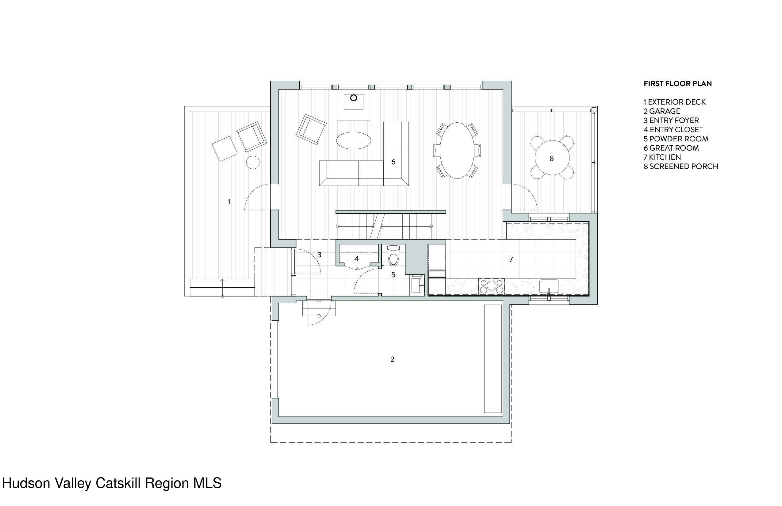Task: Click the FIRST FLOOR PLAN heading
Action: [x=677, y=83]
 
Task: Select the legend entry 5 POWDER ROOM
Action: [x=676, y=139]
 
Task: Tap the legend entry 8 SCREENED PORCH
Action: [x=681, y=166]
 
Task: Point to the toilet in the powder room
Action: [x=393, y=256]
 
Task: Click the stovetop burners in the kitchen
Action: [x=491, y=286]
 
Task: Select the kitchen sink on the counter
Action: [x=548, y=286]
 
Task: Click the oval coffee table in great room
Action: [x=354, y=141]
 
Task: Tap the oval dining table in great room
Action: [x=457, y=151]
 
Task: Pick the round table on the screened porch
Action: [x=552, y=158]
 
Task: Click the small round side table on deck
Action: [x=253, y=162]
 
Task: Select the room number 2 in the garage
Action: [x=392, y=359]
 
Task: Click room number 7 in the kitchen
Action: [x=511, y=259]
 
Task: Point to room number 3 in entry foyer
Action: [x=319, y=255]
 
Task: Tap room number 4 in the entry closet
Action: [x=356, y=259]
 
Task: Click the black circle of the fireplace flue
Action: [x=354, y=98]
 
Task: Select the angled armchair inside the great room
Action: [x=311, y=129]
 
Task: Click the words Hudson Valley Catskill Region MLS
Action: [x=112, y=483]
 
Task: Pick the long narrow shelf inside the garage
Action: [x=493, y=358]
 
